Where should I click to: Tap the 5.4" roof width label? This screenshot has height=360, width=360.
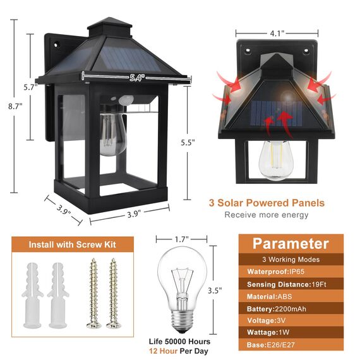[x=137, y=78]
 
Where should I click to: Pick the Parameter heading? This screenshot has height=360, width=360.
[x=291, y=244]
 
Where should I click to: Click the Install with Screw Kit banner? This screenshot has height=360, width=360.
[x=72, y=244]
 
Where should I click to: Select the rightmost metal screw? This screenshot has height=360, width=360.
[x=113, y=292]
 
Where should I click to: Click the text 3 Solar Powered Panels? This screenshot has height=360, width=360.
[x=267, y=203]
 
